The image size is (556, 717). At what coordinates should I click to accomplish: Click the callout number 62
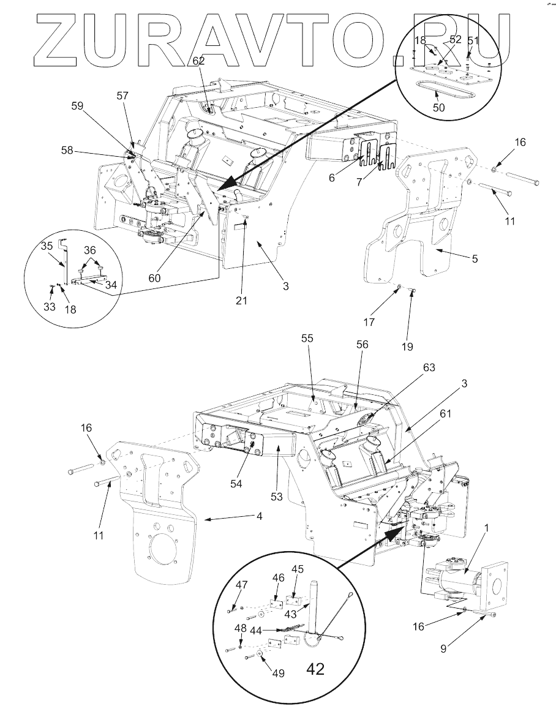pos(198,61)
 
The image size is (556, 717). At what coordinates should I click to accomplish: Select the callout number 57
pos(124,96)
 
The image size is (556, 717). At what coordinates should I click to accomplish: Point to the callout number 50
pos(440,108)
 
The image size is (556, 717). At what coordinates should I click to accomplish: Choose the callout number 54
pos(236,484)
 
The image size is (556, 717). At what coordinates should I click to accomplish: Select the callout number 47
pos(242,585)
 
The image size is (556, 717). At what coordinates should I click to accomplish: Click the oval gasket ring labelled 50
pos(441,91)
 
